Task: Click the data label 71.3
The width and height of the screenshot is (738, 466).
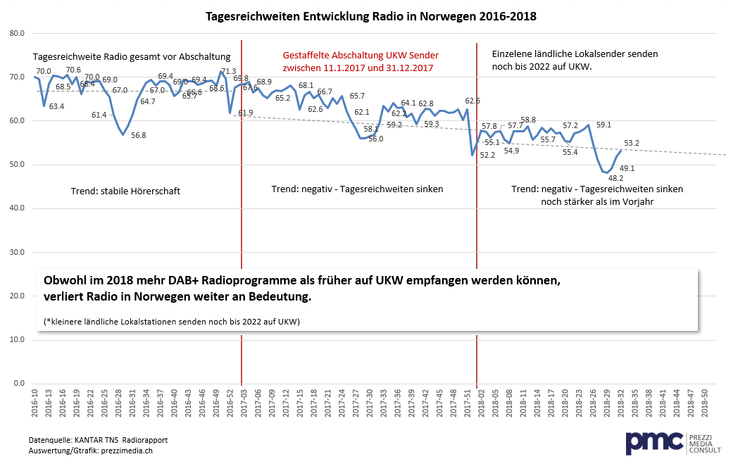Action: (x=229, y=71)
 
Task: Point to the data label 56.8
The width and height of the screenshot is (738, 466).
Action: (x=139, y=135)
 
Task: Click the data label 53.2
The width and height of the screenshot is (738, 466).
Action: (x=632, y=144)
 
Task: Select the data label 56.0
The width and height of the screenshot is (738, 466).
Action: (x=375, y=139)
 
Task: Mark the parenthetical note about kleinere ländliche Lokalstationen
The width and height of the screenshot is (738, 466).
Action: (x=172, y=322)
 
